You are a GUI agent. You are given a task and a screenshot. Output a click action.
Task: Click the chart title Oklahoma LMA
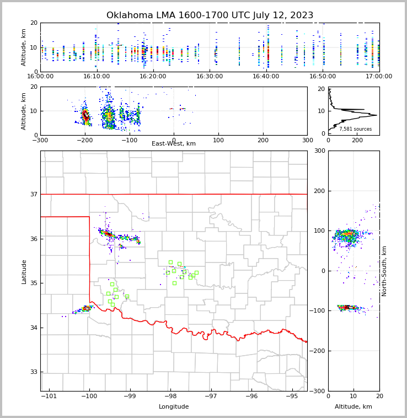210,15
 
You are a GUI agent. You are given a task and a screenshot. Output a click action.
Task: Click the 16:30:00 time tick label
210,76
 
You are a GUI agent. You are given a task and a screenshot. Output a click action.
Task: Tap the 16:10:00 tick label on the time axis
97,76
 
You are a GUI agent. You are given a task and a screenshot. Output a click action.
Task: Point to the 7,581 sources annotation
355,129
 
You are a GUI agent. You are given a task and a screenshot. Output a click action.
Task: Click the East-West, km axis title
174,144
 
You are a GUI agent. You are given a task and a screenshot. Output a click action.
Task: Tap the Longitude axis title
174,406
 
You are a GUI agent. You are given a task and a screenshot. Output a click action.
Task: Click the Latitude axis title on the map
24,271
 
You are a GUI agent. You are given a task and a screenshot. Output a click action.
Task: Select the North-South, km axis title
384,271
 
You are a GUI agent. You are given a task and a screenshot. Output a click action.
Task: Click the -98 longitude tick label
170,396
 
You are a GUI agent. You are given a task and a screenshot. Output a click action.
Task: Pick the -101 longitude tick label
49,396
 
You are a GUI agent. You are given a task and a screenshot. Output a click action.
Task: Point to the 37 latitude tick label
34,195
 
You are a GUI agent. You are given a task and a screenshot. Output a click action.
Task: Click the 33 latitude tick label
34,372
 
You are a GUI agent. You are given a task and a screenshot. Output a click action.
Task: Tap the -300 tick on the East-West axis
40,140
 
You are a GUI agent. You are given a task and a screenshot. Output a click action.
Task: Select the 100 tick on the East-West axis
218,140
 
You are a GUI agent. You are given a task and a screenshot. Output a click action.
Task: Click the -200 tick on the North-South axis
319,351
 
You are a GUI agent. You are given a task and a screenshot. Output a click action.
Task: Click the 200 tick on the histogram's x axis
357,140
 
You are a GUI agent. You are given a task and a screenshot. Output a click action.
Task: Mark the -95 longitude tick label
292,396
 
